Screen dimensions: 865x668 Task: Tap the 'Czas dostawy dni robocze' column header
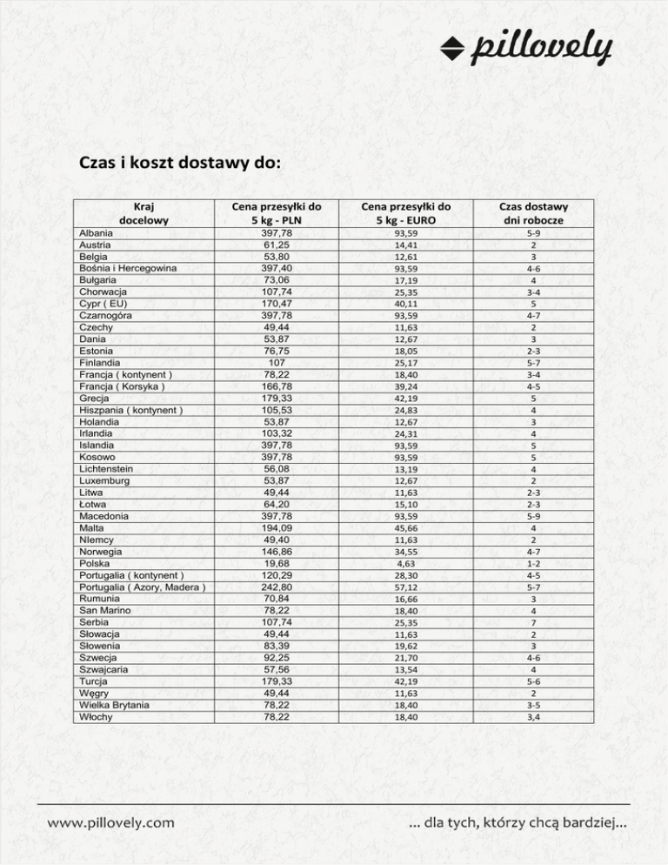click(x=532, y=213)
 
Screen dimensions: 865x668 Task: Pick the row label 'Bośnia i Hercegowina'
click(x=128, y=269)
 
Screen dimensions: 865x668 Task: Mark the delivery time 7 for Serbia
click(x=532, y=623)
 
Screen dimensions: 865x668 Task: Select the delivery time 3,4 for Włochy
click(x=532, y=717)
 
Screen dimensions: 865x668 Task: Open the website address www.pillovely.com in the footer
click(x=110, y=821)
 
